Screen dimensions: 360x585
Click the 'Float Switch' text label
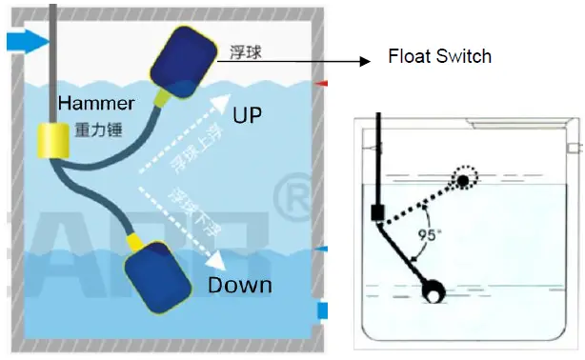coord(439,56)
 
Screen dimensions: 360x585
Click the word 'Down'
coord(239,285)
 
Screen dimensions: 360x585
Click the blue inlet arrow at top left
coord(26,40)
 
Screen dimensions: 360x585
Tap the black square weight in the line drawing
coord(377,213)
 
